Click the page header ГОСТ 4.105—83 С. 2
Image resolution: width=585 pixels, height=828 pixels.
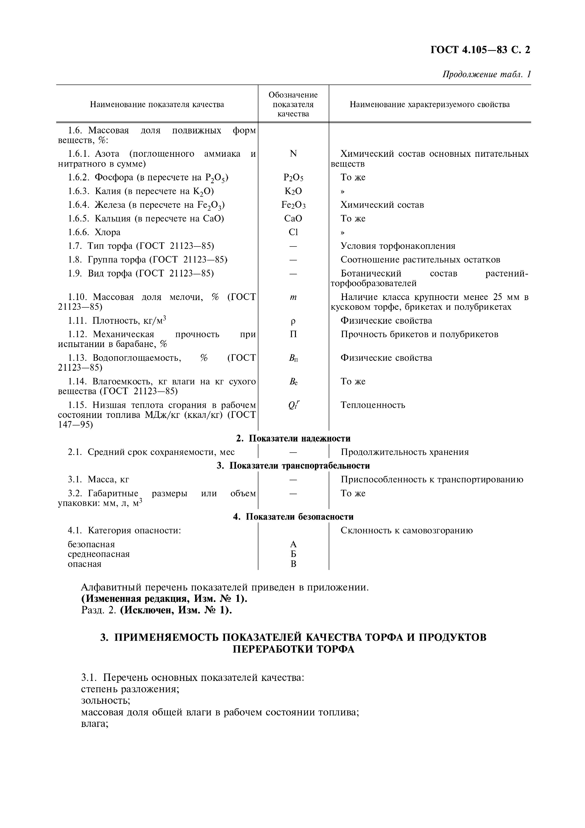click(480, 50)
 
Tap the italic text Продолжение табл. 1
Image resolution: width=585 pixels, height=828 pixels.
click(486, 74)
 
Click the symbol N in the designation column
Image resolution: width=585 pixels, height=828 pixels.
click(293, 154)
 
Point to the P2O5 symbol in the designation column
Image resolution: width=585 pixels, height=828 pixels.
click(293, 178)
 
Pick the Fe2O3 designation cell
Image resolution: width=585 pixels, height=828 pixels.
click(293, 205)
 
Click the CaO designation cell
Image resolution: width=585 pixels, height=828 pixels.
click(293, 219)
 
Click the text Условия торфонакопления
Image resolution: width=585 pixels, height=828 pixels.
click(398, 246)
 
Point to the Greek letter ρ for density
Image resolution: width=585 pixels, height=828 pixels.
click(293, 321)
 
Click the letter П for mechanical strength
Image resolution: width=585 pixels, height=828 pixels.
click(293, 334)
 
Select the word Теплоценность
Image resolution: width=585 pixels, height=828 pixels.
click(373, 405)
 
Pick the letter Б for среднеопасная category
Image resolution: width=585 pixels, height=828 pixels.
click(293, 554)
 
